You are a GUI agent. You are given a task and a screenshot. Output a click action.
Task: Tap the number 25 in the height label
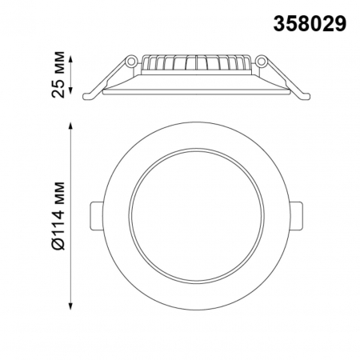pos(58,89)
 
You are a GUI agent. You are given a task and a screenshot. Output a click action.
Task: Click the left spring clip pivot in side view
pos(129,62)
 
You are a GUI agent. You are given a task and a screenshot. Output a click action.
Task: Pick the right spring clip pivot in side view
pos(262,62)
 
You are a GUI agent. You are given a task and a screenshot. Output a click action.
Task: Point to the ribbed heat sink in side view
pos(195,65)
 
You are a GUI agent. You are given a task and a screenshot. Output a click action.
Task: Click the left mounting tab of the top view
pos(94,216)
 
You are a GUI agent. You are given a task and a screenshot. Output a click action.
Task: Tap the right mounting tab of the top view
pos(297,216)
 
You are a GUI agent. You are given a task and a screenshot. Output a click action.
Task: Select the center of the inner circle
pos(195,217)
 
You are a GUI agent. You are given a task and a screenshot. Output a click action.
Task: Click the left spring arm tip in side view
pos(89,96)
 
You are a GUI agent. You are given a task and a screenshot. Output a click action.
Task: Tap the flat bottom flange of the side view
pos(195,90)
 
